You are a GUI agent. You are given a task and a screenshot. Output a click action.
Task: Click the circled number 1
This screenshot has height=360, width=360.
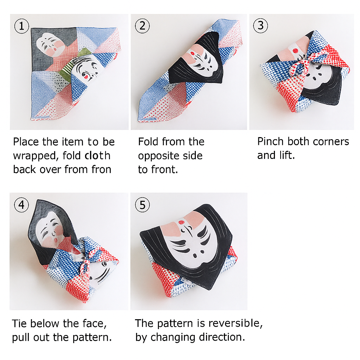21,26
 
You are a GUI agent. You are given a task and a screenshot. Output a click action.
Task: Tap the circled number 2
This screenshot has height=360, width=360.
142,26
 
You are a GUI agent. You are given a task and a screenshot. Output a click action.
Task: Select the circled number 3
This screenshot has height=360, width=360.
261,25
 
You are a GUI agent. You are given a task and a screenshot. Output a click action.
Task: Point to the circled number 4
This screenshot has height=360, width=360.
21,205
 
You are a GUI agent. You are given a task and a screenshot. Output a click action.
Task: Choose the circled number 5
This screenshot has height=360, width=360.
142,205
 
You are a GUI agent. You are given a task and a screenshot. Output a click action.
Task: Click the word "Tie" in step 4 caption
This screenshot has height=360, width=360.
20,323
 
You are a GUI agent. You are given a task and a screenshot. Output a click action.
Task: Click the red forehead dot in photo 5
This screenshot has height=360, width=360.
181,222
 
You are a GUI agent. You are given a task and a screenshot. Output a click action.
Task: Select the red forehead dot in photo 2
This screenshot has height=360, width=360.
192,53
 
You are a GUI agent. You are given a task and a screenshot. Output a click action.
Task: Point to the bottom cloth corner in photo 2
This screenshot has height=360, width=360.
139,121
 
